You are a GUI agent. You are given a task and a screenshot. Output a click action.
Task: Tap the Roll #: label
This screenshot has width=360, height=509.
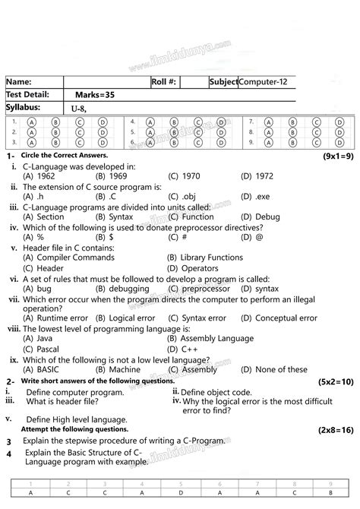point(164,82)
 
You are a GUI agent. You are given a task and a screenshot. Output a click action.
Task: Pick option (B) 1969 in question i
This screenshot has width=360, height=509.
point(110,175)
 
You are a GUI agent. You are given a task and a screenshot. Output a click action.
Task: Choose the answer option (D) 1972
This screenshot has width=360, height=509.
point(257,175)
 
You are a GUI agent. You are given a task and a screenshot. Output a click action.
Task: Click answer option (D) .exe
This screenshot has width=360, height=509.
point(254,196)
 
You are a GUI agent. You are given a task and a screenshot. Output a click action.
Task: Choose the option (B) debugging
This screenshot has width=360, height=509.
point(122,289)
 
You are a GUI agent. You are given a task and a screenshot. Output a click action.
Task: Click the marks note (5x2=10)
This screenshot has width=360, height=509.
point(335,381)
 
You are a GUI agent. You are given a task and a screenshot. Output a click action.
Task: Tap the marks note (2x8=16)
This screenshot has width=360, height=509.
point(335,429)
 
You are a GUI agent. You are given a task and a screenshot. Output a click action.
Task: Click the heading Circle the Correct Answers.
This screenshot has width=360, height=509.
point(65,155)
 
